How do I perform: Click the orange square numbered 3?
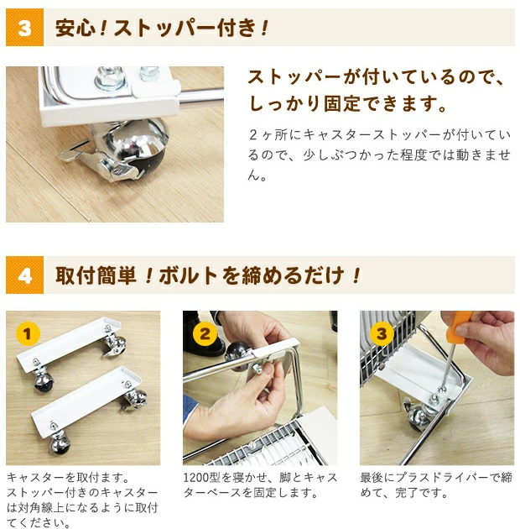point(24,28)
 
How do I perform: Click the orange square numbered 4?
point(24,275)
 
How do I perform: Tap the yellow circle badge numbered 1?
point(28,334)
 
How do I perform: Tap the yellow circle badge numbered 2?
point(205,334)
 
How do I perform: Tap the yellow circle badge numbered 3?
point(382,334)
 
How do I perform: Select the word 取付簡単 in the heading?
point(96,275)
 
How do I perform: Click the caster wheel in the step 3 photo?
point(417,414)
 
